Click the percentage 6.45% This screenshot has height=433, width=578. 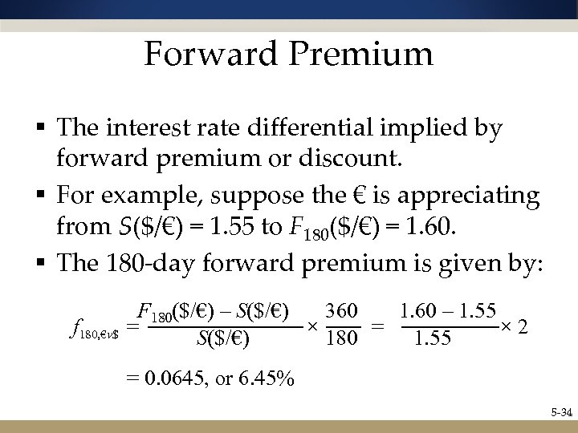click(267, 378)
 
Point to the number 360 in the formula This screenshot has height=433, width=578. click(342, 309)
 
